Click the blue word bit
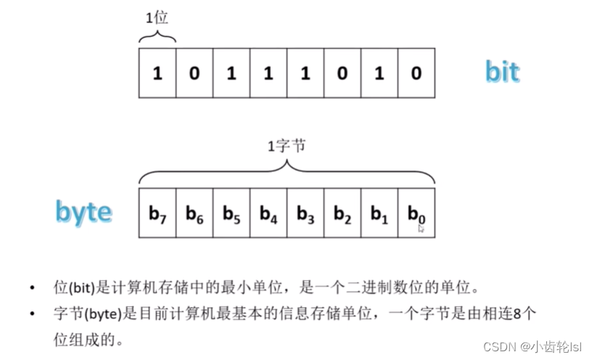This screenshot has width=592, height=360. click(502, 73)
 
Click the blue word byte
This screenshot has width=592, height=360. click(85, 212)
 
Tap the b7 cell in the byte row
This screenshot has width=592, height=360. click(157, 213)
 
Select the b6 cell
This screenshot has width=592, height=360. click(194, 213)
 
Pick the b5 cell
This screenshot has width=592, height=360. click(231, 213)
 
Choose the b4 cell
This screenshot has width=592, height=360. click(268, 213)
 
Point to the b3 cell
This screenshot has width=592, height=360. click(305, 213)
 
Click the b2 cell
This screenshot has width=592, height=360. click(342, 213)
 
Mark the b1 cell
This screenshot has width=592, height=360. click(379, 213)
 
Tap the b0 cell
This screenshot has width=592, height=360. click(416, 213)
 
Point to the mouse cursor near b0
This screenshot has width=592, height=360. click(421, 229)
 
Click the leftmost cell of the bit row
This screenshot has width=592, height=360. click(157, 73)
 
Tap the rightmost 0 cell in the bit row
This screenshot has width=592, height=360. click(416, 73)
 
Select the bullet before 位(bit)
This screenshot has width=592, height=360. click(33, 287)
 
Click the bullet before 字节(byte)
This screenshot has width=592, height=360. click(33, 313)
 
